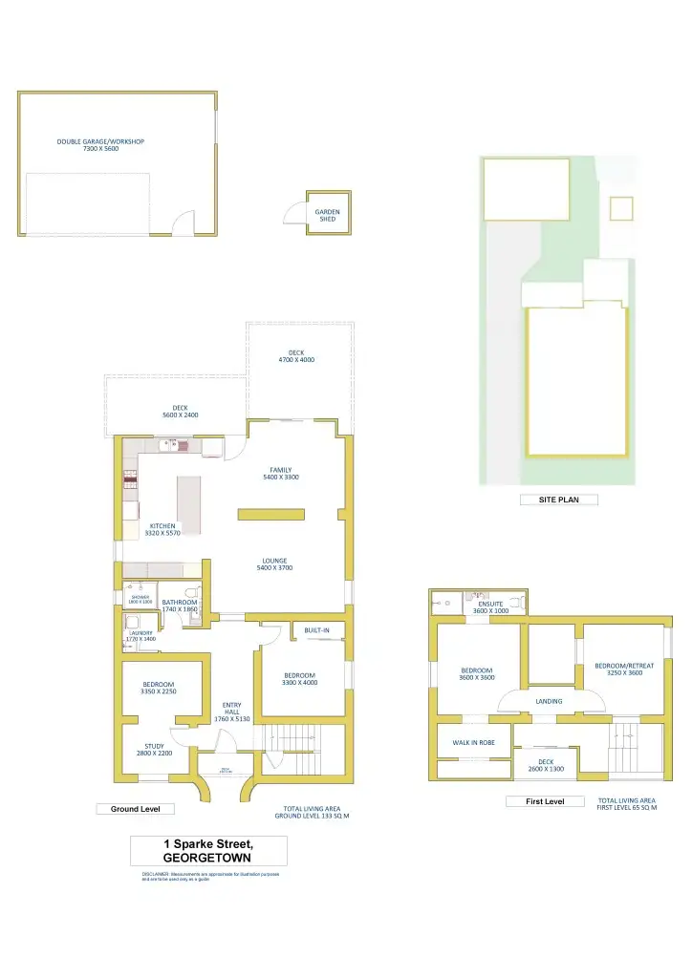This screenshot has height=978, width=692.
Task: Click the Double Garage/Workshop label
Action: click(100, 145)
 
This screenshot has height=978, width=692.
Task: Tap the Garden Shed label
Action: click(328, 215)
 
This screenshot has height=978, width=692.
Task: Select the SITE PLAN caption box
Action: click(557, 500)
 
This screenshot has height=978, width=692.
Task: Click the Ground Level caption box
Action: click(136, 809)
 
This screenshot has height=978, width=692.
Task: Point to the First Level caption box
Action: click(545, 801)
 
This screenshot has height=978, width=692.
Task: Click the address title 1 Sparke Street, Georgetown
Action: click(208, 851)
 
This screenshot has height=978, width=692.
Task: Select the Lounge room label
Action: click(275, 564)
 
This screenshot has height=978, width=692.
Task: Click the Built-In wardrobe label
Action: click(317, 630)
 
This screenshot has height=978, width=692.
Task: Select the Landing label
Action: click(549, 701)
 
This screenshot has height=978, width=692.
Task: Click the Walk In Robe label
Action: click(473, 742)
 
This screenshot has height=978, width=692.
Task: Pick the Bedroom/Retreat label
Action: click(624, 669)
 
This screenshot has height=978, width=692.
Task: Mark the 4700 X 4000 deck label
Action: click(296, 356)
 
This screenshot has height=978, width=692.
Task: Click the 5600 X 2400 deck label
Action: click(180, 411)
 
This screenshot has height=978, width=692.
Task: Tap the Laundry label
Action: click(141, 635)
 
